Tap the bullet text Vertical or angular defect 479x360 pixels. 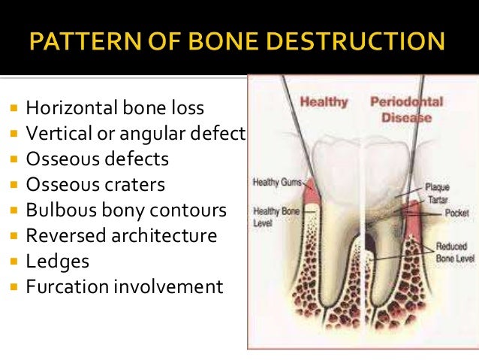tap(136, 134)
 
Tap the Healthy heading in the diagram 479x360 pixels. tap(323, 101)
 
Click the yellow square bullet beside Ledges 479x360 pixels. tap(14, 262)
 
